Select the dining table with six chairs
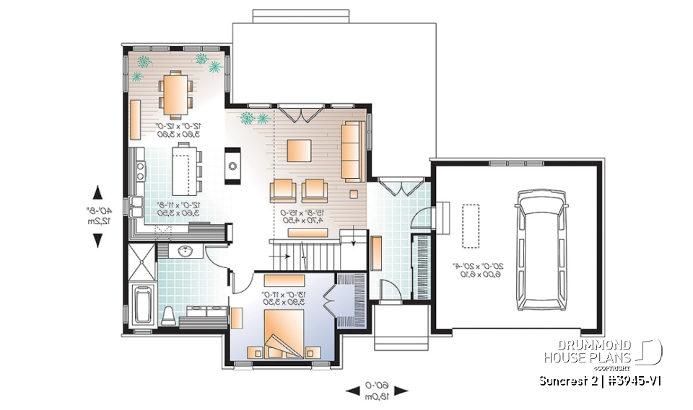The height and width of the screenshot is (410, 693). point(174,93)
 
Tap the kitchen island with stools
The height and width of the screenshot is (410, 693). point(183,168)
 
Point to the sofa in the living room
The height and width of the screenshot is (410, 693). point(352,151)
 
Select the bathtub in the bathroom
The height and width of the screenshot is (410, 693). point(142,307)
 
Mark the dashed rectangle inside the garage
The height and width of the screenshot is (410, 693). point(471,227)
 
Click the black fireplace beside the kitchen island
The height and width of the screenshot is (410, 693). point(233,166)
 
